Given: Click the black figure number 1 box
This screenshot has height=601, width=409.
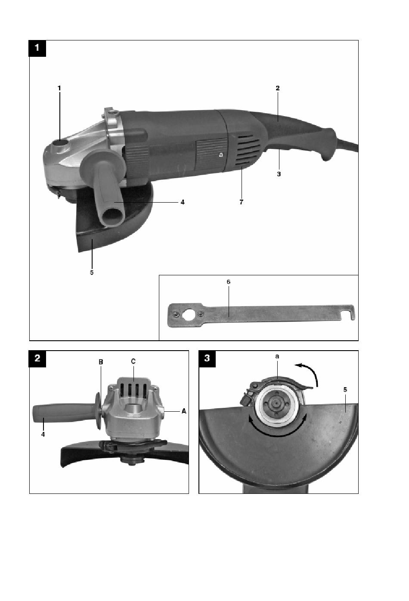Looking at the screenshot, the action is tap(37, 48).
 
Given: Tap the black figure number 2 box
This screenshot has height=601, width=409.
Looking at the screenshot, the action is tap(37, 358).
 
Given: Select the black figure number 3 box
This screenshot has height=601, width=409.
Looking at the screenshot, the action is tap(207, 358).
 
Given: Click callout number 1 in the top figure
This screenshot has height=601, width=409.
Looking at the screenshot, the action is tap(59, 88).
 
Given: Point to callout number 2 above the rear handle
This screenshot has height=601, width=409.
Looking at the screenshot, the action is tap(278, 88).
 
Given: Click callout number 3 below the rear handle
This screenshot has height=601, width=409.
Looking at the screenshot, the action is tap(279, 174).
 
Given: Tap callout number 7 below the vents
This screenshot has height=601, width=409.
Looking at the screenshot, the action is tap(241, 202).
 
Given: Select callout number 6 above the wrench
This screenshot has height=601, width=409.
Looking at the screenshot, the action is tap(229, 282).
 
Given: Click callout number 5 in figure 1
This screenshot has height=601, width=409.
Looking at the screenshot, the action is tap(92, 272).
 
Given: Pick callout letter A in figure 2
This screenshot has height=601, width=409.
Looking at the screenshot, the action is tap(184, 411).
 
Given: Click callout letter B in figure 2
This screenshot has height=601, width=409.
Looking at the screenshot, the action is tap(101, 362).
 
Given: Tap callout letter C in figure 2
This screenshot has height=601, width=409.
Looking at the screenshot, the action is tap(133, 361).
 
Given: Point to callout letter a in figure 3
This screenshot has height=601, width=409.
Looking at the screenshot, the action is tap(277, 357).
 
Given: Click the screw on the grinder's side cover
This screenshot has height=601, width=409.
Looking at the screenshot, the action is tap(220, 154).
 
